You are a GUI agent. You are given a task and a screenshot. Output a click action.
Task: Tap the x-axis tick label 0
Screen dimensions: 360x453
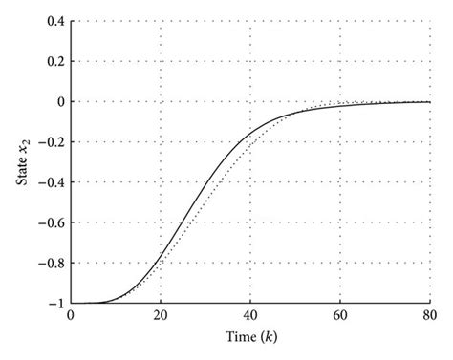[71, 316]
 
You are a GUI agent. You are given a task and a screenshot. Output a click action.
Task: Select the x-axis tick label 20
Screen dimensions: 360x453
[161, 316]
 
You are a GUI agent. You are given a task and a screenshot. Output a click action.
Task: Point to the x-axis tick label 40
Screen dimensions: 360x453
[250, 316]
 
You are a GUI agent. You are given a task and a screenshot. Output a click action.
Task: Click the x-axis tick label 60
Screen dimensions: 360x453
[340, 316]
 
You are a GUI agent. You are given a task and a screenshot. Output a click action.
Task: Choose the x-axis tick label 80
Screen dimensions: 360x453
[430, 316]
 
